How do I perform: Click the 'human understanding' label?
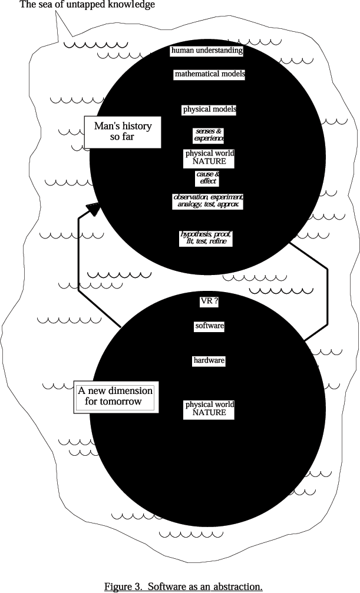[x=206, y=51]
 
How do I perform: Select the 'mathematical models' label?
[x=210, y=75]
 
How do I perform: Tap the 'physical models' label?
[x=210, y=110]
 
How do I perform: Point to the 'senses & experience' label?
[x=209, y=135]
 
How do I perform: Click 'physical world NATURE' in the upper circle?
[x=210, y=157]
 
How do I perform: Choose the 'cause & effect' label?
[x=207, y=178]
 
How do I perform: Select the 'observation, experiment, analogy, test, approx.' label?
[x=208, y=201]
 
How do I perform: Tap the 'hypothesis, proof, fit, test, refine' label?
[x=206, y=238]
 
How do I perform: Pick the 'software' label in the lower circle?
[x=210, y=326]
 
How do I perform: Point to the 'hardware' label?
[x=209, y=360]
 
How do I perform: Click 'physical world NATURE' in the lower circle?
[x=209, y=409]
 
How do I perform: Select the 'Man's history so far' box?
[x=123, y=132]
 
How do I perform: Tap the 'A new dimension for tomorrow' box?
[x=116, y=396]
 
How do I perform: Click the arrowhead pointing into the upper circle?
[x=93, y=208]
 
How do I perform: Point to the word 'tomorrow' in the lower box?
[x=121, y=402]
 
